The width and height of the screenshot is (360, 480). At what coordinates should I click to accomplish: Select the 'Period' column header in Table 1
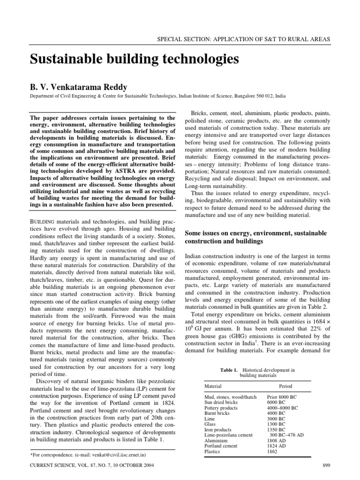coord(285,386)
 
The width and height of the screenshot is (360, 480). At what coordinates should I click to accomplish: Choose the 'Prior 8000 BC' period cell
coord(282,397)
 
